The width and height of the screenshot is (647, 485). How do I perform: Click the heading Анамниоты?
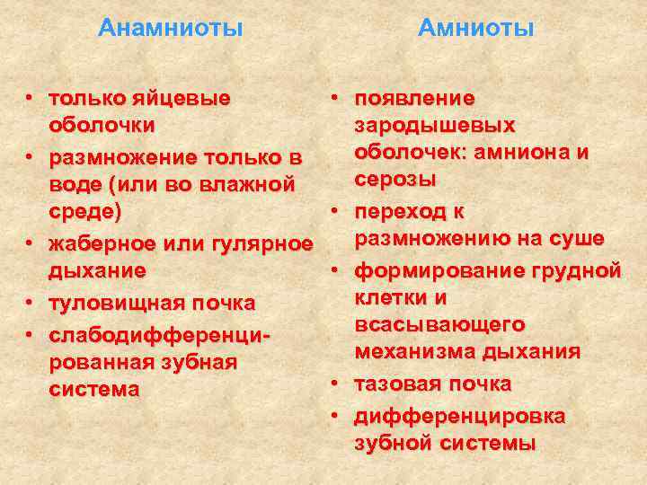click(171, 28)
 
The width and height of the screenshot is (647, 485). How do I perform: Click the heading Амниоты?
click(476, 28)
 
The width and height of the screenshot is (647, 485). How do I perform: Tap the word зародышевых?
click(435, 125)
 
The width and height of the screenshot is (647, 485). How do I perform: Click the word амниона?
click(535, 152)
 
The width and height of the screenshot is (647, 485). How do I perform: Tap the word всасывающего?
click(439, 323)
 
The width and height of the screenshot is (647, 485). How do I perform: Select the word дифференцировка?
click(459, 416)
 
